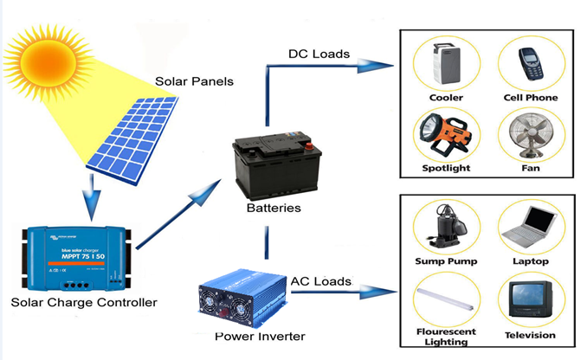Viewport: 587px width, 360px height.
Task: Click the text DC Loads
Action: coord(319,55)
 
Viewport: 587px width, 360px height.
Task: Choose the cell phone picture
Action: coord(532,65)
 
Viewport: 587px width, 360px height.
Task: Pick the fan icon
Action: coord(531,135)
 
